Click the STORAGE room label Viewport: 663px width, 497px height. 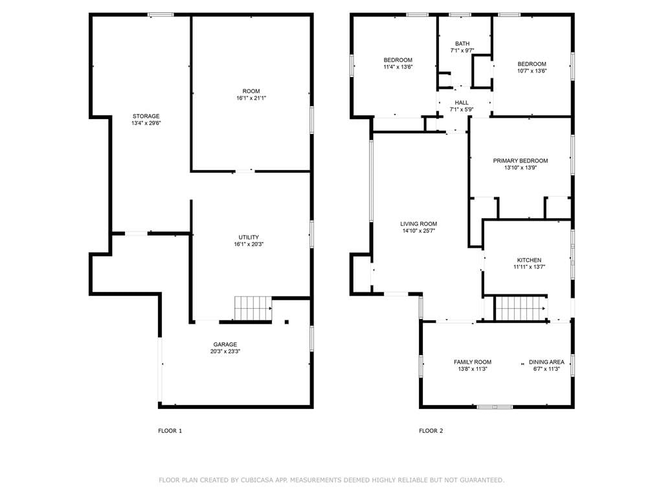(x=146, y=116)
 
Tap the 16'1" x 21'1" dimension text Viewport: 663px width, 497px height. (x=251, y=98)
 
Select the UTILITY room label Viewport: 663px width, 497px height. (x=249, y=237)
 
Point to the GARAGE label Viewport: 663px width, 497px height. (x=225, y=344)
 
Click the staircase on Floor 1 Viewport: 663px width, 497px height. (x=253, y=309)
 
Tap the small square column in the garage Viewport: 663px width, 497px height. (x=287, y=322)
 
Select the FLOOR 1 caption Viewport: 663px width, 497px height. (x=170, y=431)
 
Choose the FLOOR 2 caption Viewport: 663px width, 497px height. (x=431, y=431)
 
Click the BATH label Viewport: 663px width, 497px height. (x=462, y=43)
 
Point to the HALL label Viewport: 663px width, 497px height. (x=462, y=103)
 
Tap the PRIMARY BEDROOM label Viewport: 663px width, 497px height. (x=521, y=161)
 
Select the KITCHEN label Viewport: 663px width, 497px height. (x=529, y=260)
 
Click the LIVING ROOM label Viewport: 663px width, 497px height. (x=419, y=224)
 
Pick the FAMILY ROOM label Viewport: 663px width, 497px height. (x=473, y=362)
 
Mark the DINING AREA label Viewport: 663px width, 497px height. (x=546, y=362)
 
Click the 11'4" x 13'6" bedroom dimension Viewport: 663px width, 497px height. (x=398, y=67)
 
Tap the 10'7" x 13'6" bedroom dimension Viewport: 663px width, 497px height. (x=532, y=71)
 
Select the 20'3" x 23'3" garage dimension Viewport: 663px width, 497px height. (x=225, y=351)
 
